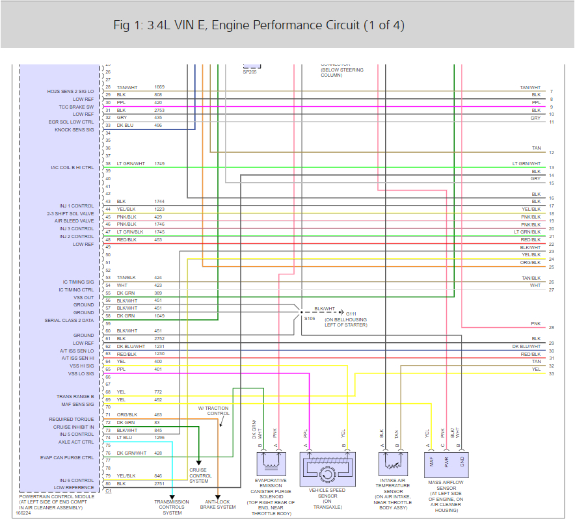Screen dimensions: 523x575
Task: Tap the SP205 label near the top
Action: (250, 72)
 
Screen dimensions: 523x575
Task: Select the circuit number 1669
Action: (159, 87)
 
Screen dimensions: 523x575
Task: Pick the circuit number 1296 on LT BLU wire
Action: (159, 437)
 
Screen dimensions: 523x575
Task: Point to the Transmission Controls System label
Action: (172, 507)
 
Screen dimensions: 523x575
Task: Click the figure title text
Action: (258, 25)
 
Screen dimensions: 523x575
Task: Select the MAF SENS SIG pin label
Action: (77, 404)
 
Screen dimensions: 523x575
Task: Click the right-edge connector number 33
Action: (551, 373)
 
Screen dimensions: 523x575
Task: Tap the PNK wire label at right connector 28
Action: (535, 323)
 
